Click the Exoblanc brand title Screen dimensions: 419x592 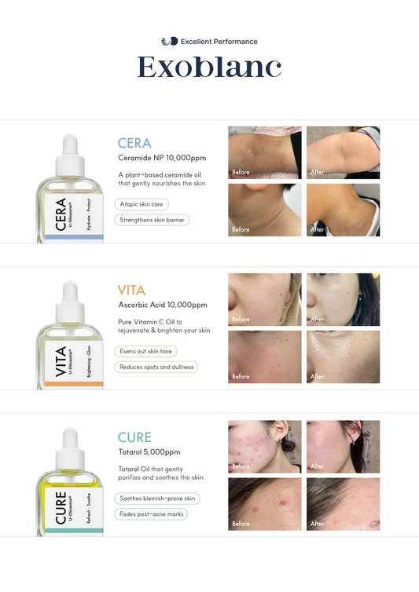pos(209,68)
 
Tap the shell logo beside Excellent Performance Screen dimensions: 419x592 pos(170,41)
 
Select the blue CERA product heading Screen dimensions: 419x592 pos(134,143)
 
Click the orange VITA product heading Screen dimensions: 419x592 pos(131,290)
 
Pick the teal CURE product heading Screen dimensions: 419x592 pos(134,437)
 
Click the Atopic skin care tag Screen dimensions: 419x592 pos(142,204)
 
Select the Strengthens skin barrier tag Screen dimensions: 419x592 pos(152,220)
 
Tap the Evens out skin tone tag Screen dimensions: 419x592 pos(145,351)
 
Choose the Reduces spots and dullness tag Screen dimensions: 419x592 pos(156,367)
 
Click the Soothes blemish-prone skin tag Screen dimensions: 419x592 pos(157,499)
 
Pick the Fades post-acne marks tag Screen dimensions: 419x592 pos(151,513)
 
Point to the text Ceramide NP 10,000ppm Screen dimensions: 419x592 pos(162,158)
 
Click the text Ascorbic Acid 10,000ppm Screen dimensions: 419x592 pos(163,305)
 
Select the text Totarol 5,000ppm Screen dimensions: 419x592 pos(149,452)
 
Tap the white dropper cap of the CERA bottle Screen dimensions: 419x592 pos(70,155)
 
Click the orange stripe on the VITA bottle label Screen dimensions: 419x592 pos(74,384)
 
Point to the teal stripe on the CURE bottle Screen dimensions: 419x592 pos(74,531)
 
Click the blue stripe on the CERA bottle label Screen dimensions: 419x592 pos(74,237)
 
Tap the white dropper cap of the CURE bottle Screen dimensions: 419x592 pos(70,448)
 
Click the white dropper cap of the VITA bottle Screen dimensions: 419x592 pos(70,301)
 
